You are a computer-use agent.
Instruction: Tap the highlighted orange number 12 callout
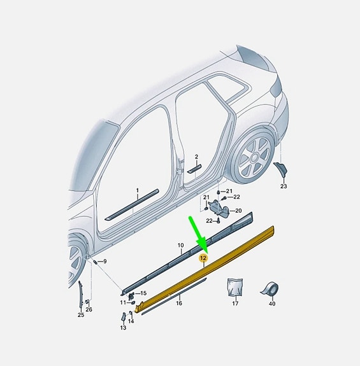(x=203, y=258)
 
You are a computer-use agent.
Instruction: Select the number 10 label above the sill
(x=180, y=245)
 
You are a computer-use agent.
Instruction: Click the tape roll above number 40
(x=270, y=288)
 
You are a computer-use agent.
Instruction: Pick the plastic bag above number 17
(x=235, y=287)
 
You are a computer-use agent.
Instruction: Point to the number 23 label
(x=284, y=187)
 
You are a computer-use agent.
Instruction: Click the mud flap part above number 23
(x=280, y=169)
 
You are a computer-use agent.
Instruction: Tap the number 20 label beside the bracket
(x=238, y=211)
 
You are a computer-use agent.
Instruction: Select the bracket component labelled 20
(x=219, y=208)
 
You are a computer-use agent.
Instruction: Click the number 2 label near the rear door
(x=196, y=157)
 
